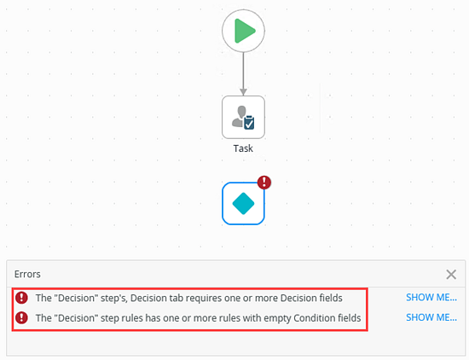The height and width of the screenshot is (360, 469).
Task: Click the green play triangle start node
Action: click(x=244, y=31)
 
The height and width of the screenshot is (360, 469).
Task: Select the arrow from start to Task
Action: click(x=244, y=74)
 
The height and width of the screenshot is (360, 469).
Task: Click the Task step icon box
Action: click(x=244, y=117)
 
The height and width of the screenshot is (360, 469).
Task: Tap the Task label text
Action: click(x=243, y=148)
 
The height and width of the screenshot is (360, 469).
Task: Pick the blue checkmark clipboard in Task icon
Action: click(x=249, y=123)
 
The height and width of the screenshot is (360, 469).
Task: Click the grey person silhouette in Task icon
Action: click(x=239, y=116)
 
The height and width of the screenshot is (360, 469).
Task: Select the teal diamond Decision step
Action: click(x=244, y=204)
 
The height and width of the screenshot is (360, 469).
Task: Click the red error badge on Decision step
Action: click(x=264, y=183)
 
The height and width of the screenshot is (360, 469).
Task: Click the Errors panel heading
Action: click(x=27, y=274)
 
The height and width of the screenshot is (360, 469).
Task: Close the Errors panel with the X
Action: click(x=451, y=274)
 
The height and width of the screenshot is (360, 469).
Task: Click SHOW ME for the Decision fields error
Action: click(x=431, y=298)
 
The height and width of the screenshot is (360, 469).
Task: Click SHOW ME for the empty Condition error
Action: click(x=431, y=317)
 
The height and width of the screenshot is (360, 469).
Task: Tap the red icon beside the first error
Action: click(x=21, y=298)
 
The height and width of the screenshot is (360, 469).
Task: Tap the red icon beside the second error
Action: click(x=21, y=317)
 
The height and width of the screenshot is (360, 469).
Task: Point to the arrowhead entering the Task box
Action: click(x=244, y=92)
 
